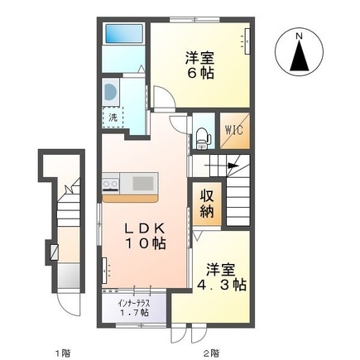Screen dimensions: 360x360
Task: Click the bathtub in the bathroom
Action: (124, 33)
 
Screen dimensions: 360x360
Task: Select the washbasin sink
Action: (110, 92)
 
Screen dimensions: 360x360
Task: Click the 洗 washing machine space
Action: (113, 118)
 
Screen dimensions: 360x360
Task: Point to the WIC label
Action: (234, 130)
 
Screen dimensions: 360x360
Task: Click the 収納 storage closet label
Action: (207, 204)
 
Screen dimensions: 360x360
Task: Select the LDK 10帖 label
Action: (146, 236)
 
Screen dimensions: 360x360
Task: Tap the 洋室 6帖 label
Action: (200, 65)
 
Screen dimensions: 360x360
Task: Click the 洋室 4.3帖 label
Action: (221, 277)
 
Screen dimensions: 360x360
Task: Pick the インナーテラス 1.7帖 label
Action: (133, 308)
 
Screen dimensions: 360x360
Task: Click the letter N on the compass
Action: (299, 36)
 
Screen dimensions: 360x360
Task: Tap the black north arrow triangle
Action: (300, 55)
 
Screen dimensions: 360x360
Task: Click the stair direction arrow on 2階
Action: (222, 166)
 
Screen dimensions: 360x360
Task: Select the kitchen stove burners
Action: (111, 182)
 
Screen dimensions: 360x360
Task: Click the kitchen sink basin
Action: (143, 183)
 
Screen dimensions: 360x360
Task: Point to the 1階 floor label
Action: (62, 353)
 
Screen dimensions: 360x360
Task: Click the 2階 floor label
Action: (212, 353)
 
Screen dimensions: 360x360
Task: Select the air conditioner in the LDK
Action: (104, 270)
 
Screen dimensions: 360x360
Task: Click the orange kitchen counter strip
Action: (130, 199)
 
